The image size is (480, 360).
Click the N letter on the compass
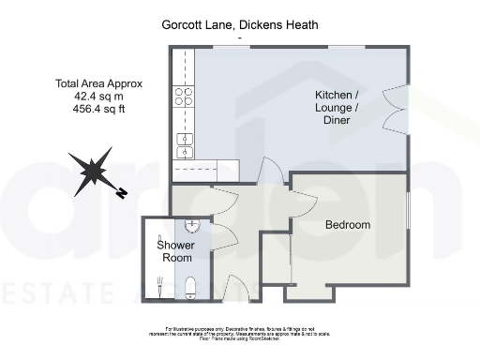pos(122,194)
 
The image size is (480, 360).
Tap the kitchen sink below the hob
pos(185,145)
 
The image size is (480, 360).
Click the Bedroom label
pos(347,225)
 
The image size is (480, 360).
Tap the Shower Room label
pos(175,251)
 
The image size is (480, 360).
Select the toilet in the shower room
pos(190,286)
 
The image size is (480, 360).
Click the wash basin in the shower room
pos(191,225)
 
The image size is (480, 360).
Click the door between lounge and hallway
pos(272,171)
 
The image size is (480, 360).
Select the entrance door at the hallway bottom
pos(236,291)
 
